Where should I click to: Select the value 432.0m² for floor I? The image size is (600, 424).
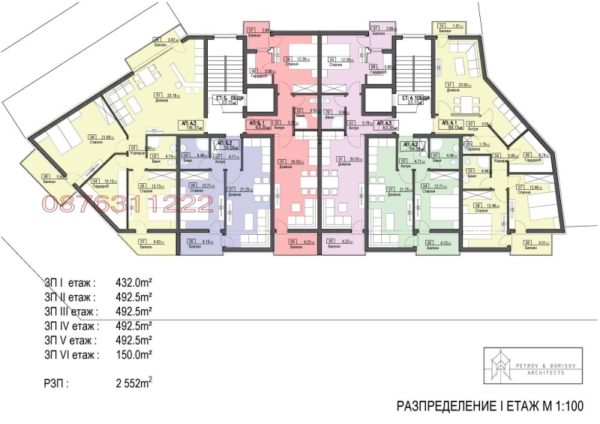tap(133, 284)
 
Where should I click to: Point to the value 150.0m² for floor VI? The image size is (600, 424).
tap(133, 353)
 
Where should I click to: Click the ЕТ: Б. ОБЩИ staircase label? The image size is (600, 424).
tap(226, 101)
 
